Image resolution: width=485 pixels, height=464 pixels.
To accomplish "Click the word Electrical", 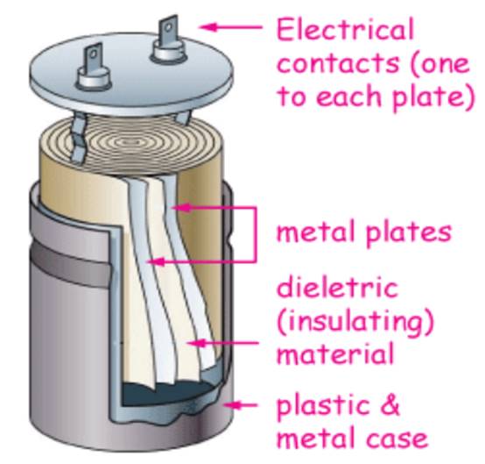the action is (345, 29).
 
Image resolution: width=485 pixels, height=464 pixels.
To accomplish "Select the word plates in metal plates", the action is (409, 232).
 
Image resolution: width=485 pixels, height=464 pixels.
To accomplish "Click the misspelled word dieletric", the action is (337, 288).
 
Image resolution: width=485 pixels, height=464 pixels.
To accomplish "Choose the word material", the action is (335, 353).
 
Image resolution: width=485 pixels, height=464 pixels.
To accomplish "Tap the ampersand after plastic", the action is (390, 405).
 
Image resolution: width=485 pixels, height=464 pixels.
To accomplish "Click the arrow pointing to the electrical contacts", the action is (231, 27).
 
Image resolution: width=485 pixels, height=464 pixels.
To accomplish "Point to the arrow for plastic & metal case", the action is (241, 405).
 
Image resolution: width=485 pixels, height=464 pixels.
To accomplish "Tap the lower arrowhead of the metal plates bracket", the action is (155, 262).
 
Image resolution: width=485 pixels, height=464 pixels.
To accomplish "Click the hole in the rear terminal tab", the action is (168, 28).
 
